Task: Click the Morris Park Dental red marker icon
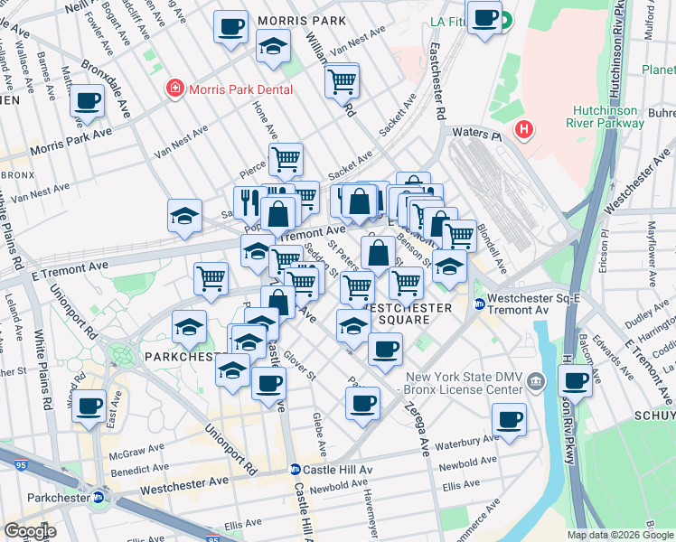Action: [172, 89]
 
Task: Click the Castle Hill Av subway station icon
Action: [296, 471]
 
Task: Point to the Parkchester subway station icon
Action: [99, 496]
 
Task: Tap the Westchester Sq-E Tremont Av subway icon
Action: [479, 304]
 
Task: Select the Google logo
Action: [30, 531]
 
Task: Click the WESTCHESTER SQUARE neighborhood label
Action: [407, 313]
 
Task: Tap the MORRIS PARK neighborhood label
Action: [295, 19]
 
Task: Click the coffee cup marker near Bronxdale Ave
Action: [88, 101]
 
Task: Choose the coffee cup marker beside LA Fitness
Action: [485, 18]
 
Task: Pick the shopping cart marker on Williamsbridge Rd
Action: [343, 82]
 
